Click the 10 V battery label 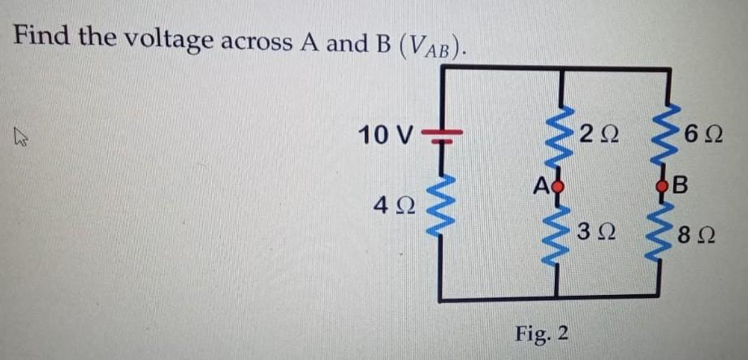click(388, 134)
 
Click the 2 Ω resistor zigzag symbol click(557, 134)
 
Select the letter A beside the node click(542, 184)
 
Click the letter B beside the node click(684, 185)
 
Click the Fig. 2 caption click(542, 333)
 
